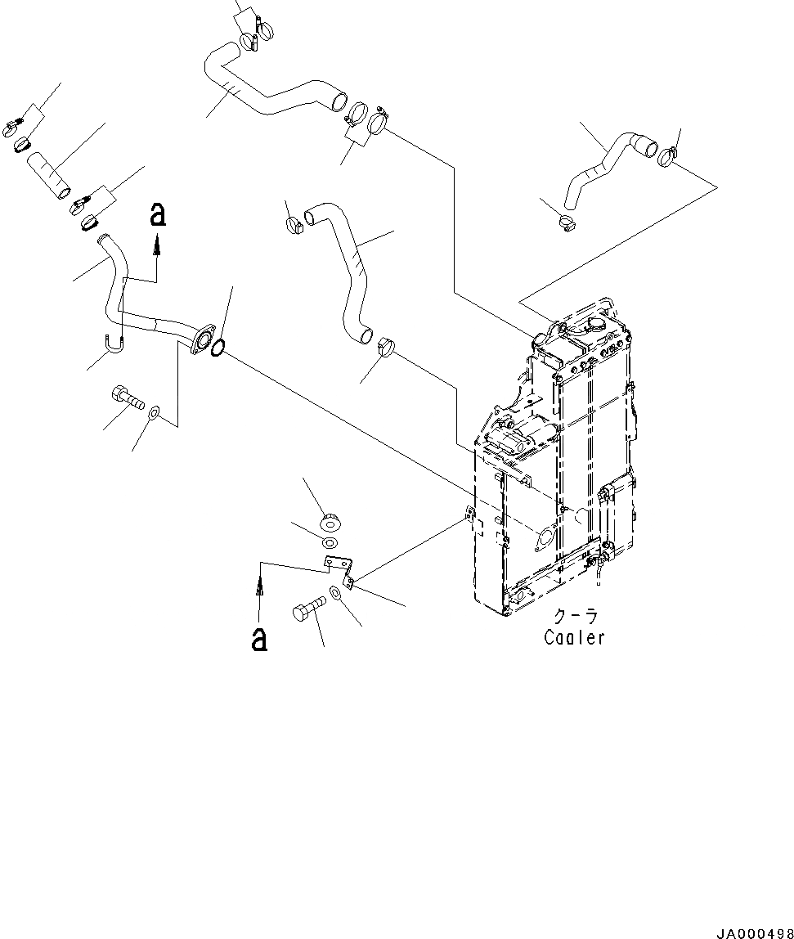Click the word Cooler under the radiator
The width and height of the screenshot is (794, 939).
[x=575, y=638]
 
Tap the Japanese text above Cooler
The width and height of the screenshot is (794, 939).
[x=575, y=615]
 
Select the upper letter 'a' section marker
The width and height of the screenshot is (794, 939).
[x=158, y=215]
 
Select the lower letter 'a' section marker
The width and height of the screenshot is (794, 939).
[x=259, y=639]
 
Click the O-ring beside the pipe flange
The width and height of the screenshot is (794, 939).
[x=218, y=350]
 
